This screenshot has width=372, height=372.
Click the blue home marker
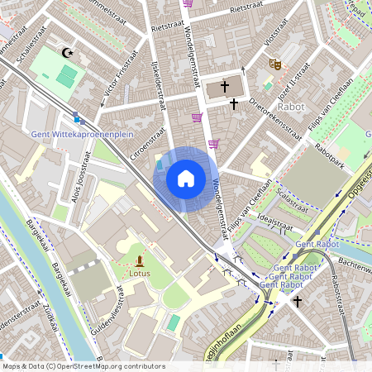coord(186,178)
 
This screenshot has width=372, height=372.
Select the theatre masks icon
coord(274,63)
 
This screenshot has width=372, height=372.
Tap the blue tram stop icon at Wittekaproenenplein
coord(77,117)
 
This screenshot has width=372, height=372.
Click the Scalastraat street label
coord(293,198)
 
